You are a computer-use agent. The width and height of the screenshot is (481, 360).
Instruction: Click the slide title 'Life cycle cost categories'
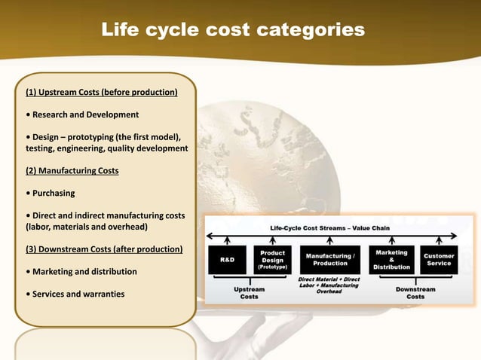[x=233, y=30]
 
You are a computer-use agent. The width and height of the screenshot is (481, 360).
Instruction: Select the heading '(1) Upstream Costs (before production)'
[x=102, y=93]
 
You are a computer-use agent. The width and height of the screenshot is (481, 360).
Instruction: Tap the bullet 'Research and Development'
[x=82, y=114]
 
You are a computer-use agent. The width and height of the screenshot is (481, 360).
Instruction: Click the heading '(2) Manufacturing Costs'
[x=72, y=170]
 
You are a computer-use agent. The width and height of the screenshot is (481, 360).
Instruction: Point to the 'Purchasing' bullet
[x=51, y=193]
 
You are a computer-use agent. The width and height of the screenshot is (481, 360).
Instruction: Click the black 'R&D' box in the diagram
[x=227, y=258]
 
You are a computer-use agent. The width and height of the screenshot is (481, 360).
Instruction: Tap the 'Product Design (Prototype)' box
[x=272, y=258]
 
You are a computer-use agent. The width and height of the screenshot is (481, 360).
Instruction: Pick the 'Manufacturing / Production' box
[x=330, y=259]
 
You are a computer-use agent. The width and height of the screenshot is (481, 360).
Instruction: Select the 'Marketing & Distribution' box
[x=392, y=259]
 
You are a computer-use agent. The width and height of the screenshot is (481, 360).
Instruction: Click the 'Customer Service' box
[x=439, y=259]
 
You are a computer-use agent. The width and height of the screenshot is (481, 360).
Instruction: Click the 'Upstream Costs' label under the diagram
[x=249, y=292]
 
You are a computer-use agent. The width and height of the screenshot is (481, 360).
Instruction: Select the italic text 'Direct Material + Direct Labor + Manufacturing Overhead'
[x=329, y=285]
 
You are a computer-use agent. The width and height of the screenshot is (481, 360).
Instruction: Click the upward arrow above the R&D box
[x=227, y=239]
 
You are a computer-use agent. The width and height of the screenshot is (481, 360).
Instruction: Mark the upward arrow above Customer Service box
[x=439, y=239]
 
